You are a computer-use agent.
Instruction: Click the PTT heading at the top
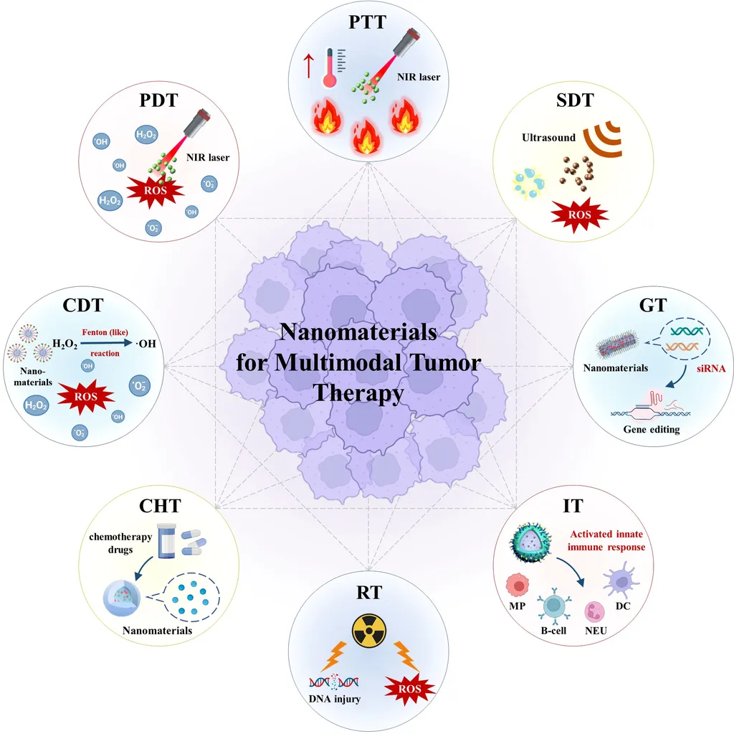click(367, 22)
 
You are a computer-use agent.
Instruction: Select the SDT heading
click(574, 100)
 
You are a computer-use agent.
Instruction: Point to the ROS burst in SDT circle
click(577, 212)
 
